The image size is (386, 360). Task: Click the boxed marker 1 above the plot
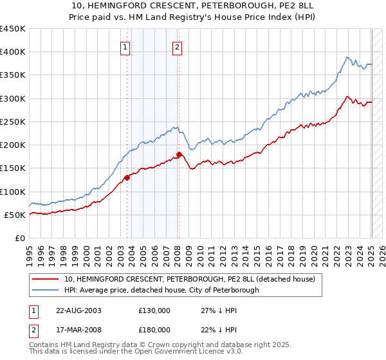pyautogui.click(x=125, y=46)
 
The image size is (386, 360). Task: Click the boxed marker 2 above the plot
pyautogui.click(x=177, y=46)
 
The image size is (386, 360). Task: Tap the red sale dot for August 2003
pyautogui.click(x=127, y=178)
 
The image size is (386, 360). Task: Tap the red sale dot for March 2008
pyautogui.click(x=179, y=154)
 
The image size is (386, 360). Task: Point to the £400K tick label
pyautogui.click(x=13, y=52)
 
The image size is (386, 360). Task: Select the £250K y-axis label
pyautogui.click(x=13, y=122)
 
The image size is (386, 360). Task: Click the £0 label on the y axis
pyautogui.click(x=19, y=238)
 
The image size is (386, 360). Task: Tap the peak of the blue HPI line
pyautogui.click(x=347, y=57)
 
